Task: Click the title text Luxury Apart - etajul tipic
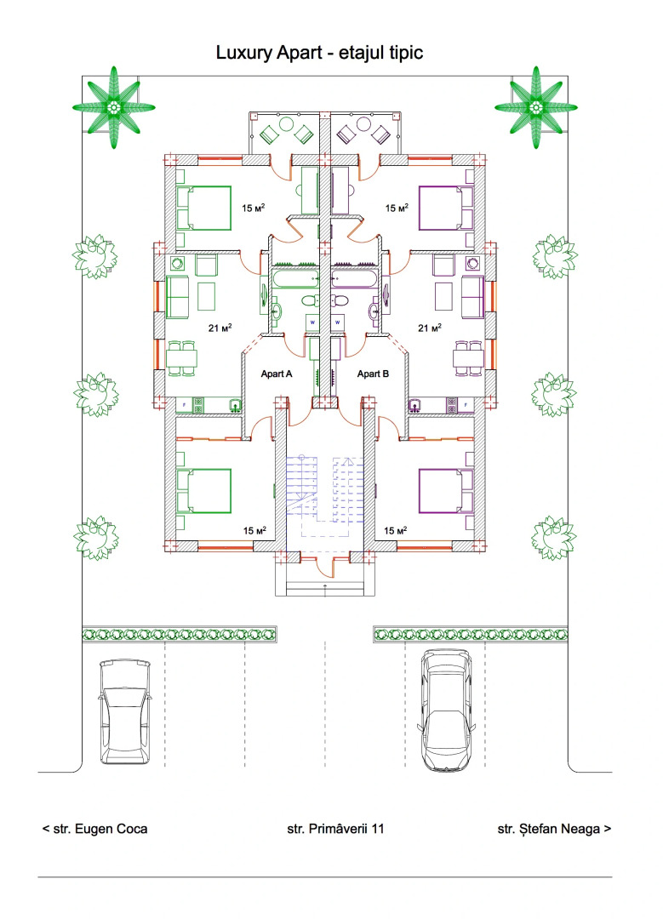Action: click(x=319, y=54)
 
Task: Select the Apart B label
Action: click(x=374, y=374)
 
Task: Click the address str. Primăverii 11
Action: click(x=331, y=828)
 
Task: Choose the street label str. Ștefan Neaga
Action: click(x=553, y=828)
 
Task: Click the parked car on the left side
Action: click(x=125, y=712)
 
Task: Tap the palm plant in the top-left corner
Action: click(x=113, y=107)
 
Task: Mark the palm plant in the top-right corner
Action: click(x=536, y=107)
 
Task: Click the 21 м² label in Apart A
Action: click(x=220, y=328)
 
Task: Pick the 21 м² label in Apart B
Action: click(x=429, y=328)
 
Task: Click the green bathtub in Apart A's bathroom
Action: click(x=294, y=278)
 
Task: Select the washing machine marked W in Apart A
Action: click(x=312, y=323)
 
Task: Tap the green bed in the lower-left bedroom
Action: click(x=203, y=491)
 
